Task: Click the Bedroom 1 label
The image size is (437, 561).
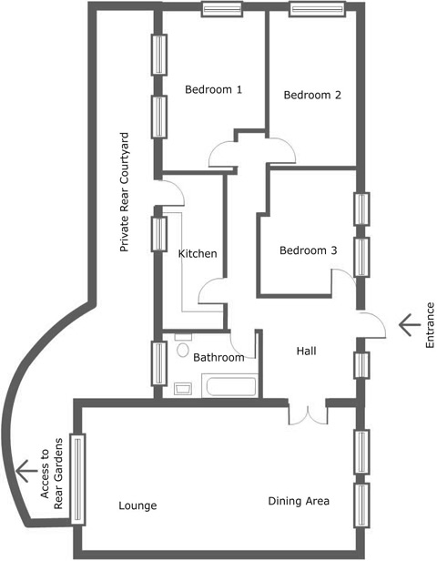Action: (x=214, y=89)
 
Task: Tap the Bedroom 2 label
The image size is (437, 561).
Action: (x=312, y=95)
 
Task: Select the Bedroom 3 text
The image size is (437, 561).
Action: (x=308, y=250)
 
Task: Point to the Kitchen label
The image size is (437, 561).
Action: (x=198, y=253)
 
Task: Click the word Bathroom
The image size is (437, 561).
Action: (x=218, y=357)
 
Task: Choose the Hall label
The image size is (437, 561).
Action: (x=307, y=351)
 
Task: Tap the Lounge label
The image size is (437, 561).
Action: (x=137, y=505)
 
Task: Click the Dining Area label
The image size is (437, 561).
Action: (x=299, y=501)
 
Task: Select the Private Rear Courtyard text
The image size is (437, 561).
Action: (x=124, y=192)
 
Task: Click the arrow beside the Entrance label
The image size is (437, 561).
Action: (x=410, y=325)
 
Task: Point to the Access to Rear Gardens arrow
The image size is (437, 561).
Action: (x=26, y=471)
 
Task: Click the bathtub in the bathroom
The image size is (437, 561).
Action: (x=229, y=385)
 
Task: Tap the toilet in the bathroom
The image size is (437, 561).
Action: (x=183, y=346)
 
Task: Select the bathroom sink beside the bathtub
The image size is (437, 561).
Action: (x=183, y=389)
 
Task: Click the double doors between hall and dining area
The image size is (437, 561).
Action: (x=308, y=416)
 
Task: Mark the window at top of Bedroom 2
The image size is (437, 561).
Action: (x=317, y=9)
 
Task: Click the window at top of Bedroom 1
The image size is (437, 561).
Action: (x=222, y=9)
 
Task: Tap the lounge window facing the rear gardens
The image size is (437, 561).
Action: (x=78, y=479)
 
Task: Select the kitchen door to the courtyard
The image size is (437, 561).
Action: (x=171, y=193)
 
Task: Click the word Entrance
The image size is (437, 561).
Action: (x=430, y=325)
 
